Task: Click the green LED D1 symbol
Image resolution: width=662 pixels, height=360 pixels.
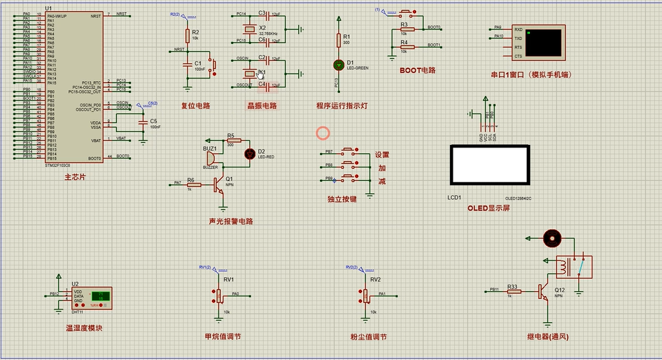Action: point(339,64)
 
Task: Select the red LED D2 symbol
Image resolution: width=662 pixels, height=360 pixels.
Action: point(251,153)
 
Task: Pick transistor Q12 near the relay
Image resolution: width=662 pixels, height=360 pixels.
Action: point(545,291)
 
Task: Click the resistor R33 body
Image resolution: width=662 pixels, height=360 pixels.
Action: point(513,291)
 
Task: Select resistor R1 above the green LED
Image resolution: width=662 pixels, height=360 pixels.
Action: point(339,40)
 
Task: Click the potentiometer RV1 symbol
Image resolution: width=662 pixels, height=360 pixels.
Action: point(218,296)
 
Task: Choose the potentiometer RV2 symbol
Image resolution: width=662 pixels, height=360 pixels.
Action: point(365,296)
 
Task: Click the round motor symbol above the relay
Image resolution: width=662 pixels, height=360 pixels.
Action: point(551,238)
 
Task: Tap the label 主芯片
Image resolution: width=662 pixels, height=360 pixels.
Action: point(75,176)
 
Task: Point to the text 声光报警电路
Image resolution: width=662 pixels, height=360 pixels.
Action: point(231,222)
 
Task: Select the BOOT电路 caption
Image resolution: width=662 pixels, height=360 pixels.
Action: point(417,70)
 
